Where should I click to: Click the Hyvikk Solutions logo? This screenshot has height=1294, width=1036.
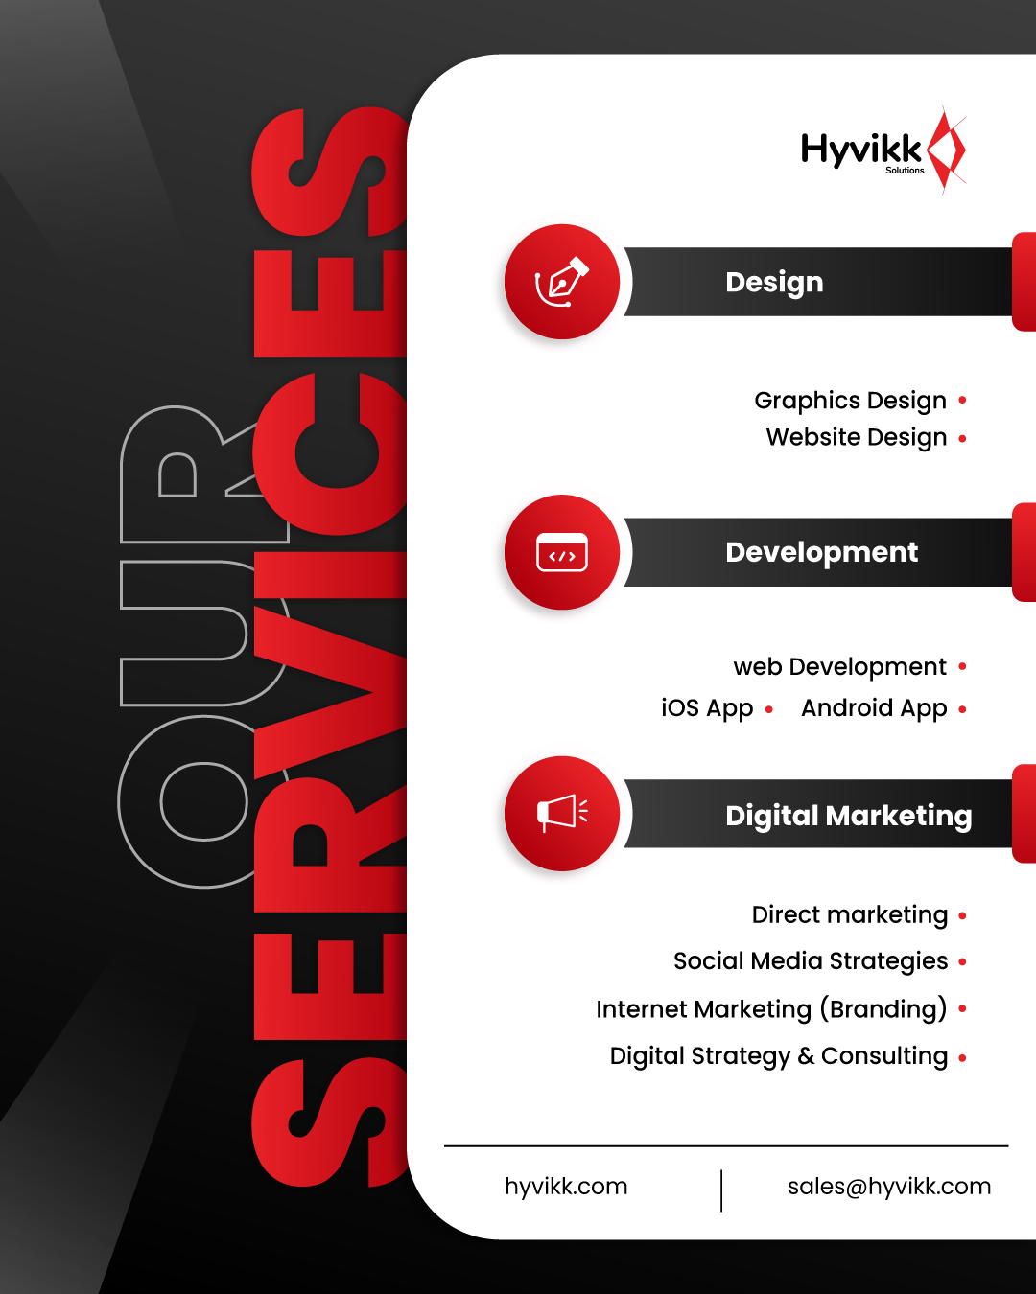point(883,151)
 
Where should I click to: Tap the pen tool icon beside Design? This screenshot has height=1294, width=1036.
point(562,282)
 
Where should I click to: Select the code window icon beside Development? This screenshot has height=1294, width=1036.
point(562,553)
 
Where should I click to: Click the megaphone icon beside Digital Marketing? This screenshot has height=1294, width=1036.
point(562,814)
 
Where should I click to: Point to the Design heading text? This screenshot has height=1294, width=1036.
point(774,283)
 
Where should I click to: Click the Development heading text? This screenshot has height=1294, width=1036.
point(821,553)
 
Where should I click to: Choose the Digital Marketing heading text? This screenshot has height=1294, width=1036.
point(848,816)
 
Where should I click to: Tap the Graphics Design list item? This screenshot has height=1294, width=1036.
point(850,401)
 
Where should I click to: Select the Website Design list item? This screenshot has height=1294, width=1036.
point(856,438)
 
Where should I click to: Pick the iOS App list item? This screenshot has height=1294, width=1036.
point(707,708)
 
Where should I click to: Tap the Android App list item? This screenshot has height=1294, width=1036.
point(874,708)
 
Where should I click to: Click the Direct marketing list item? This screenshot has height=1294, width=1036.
point(849,915)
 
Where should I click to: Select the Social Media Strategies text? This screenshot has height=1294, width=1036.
point(810,961)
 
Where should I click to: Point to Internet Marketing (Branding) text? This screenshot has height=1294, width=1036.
point(770,1009)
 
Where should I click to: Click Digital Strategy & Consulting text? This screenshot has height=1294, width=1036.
point(778,1056)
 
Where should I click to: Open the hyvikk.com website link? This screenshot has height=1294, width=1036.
point(566,1187)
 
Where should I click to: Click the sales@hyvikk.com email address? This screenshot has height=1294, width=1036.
point(888,1187)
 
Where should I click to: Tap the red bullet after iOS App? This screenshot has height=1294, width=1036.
point(769,709)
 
